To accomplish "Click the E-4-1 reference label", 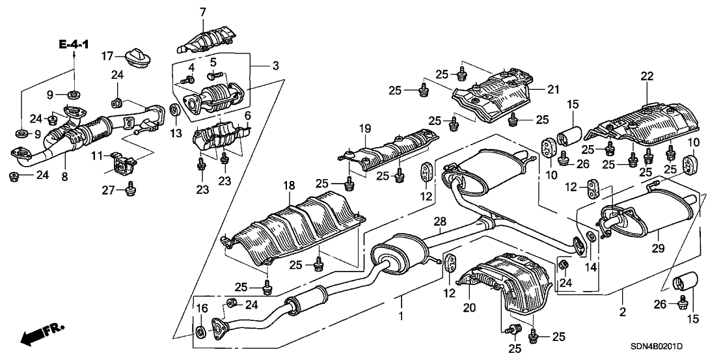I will [74, 44].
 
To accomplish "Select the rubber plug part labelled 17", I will [137, 57].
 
